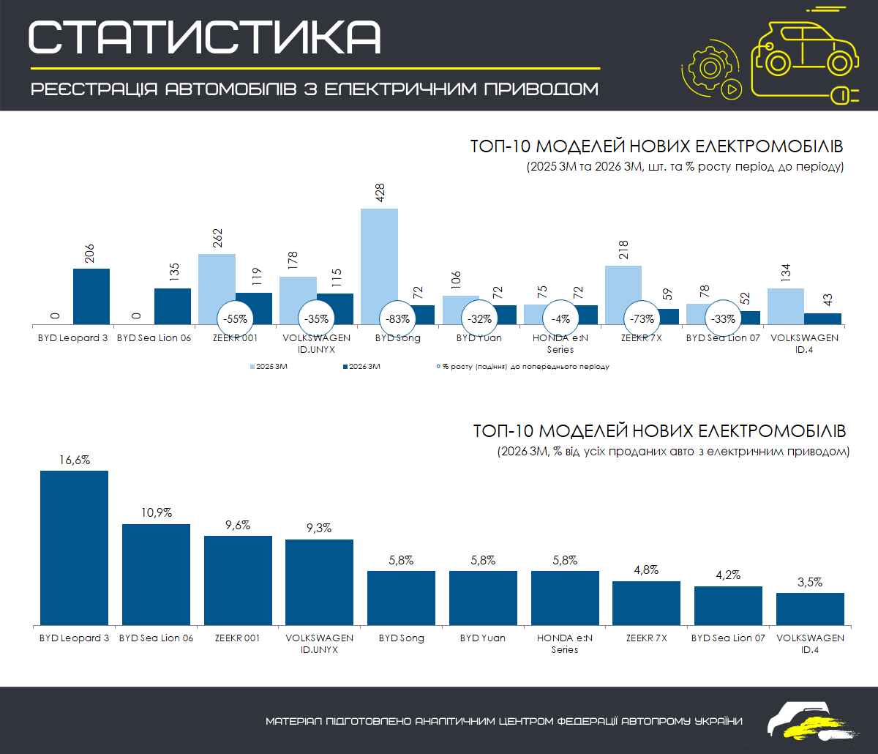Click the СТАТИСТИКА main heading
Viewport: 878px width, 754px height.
[x=205, y=37]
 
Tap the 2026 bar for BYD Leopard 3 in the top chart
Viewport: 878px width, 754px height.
[x=91, y=296]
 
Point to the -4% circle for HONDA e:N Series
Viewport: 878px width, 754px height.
[x=561, y=319]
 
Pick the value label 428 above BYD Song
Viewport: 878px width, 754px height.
[x=380, y=193]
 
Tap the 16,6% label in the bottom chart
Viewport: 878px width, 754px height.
[x=74, y=460]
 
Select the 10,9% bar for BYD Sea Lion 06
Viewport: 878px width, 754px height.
[x=156, y=574]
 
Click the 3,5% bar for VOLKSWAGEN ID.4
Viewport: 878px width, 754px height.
[x=810, y=608]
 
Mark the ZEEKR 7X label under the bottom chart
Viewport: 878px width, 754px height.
[x=646, y=638]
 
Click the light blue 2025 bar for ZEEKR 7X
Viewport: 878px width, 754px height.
[x=623, y=289]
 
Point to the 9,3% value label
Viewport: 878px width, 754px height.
[x=319, y=529]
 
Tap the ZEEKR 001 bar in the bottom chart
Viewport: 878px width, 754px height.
[x=238, y=580]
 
